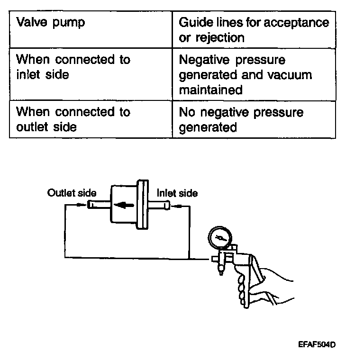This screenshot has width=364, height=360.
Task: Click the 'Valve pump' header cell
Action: point(51,22)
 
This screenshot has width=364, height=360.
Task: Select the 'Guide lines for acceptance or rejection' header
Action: point(254,29)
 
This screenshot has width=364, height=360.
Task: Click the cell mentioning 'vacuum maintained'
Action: point(246,75)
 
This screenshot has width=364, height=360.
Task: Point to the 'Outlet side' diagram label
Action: point(72,193)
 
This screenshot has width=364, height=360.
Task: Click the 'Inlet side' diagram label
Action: point(177,193)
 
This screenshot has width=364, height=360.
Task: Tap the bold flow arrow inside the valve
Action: point(122,205)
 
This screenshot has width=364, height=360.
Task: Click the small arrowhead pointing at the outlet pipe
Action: point(84,205)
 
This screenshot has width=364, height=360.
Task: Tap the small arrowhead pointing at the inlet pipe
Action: point(173,206)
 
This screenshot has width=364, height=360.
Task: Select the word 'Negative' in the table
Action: point(201,61)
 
